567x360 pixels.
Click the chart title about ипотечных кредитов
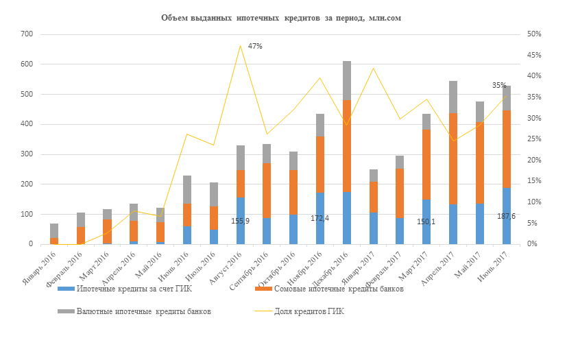coord(280,18)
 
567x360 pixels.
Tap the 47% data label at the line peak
coord(255,46)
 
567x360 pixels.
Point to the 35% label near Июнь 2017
coord(499,86)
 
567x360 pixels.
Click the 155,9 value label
coord(241,221)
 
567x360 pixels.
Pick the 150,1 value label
coord(427,221)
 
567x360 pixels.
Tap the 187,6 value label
coord(506,216)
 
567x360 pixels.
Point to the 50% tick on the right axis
coord(533,34)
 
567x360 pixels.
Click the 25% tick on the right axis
coord(533,139)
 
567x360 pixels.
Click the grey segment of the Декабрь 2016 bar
coord(347,80)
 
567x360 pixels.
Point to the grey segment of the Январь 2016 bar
coord(54,230)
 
